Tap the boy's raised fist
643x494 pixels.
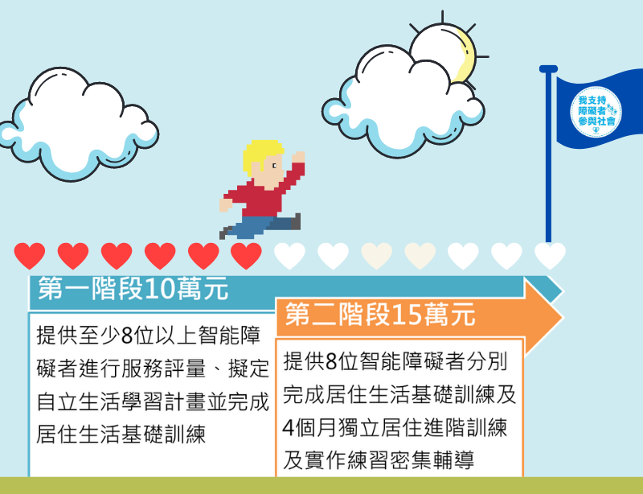click(x=298, y=157)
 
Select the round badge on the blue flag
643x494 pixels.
click(x=596, y=111)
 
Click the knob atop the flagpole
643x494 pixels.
click(x=548, y=69)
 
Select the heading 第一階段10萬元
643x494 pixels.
click(x=133, y=288)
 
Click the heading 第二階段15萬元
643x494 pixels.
click(x=380, y=315)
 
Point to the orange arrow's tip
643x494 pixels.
click(x=563, y=317)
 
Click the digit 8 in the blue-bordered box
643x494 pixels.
click(x=127, y=336)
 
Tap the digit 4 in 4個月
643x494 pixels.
click(x=289, y=427)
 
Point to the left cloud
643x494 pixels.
click(x=79, y=123)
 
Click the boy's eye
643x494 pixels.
click(x=274, y=166)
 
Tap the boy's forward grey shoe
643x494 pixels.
click(x=296, y=221)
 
